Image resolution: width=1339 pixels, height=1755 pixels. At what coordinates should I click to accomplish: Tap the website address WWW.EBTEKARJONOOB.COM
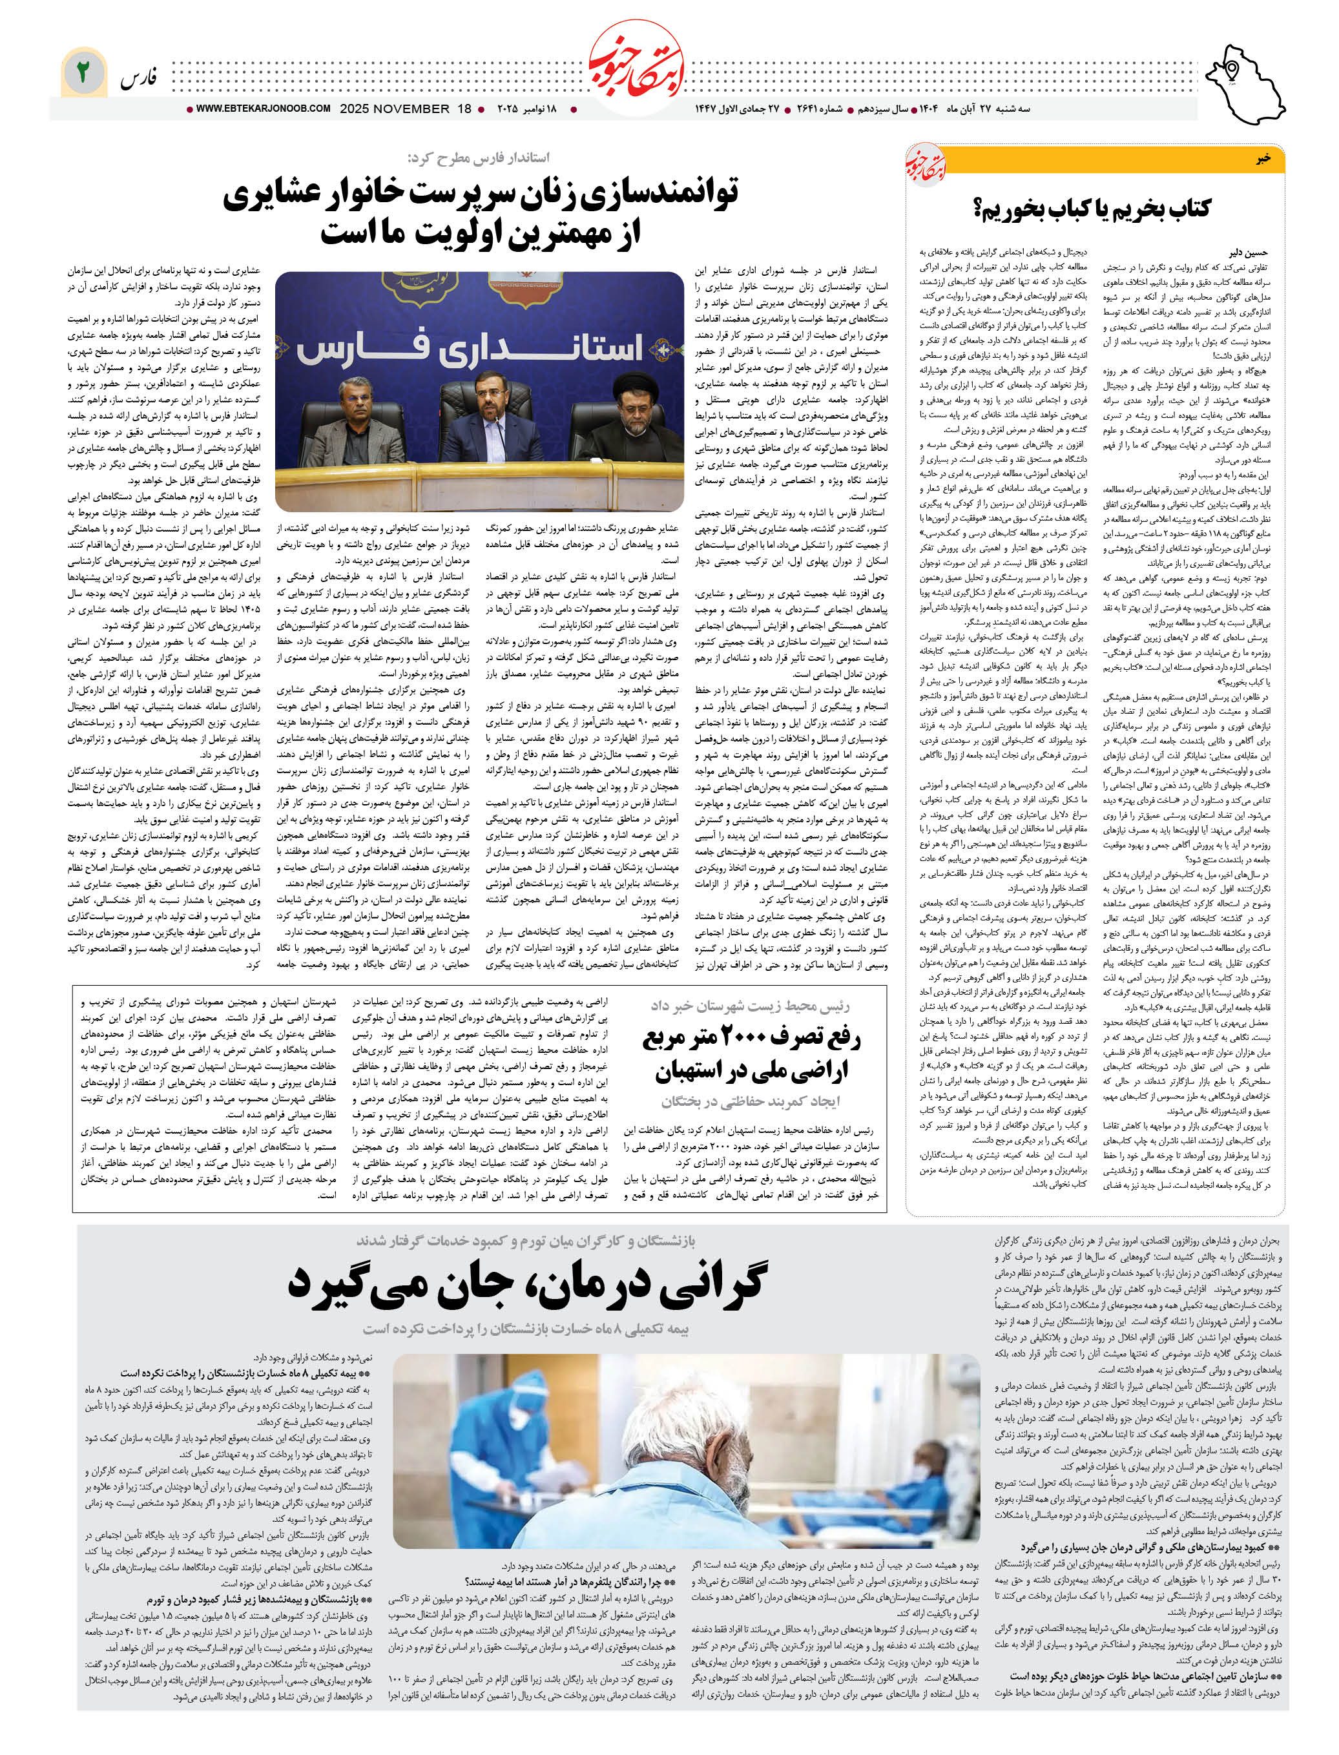tap(263, 109)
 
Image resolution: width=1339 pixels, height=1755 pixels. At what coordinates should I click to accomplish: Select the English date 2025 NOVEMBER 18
tap(406, 109)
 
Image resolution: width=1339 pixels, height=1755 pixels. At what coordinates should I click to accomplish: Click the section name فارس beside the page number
tap(139, 78)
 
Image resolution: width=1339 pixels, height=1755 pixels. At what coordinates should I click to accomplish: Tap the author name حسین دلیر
tap(1248, 252)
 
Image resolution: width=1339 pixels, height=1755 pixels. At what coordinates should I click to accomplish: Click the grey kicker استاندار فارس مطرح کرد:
tap(478, 158)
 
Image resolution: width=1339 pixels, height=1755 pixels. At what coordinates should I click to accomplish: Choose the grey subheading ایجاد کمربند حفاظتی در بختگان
tap(752, 1101)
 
